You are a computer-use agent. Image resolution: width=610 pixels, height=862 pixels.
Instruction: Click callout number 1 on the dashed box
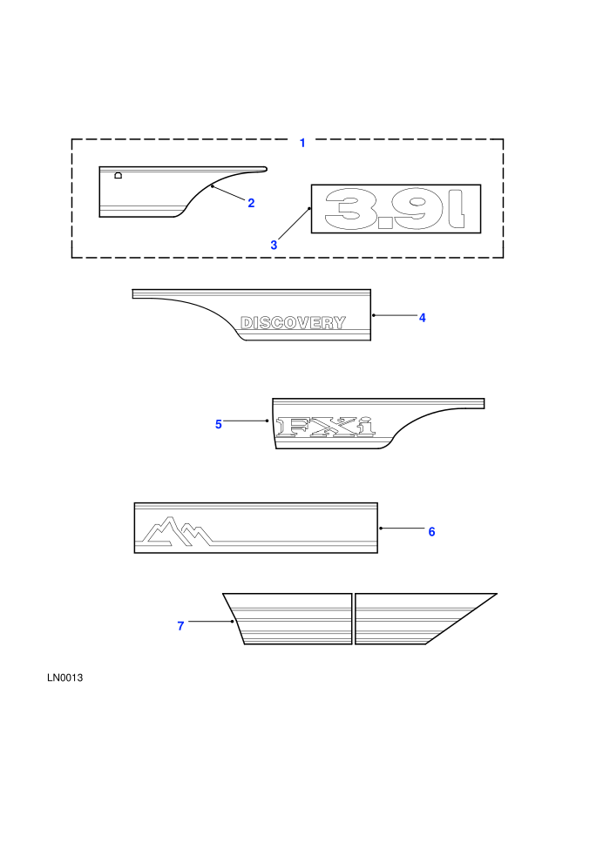[302, 143]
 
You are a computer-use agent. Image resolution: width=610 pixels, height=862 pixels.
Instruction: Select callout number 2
[251, 204]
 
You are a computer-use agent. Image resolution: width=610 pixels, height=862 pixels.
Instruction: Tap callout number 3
[274, 246]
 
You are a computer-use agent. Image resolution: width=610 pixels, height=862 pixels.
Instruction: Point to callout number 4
[423, 318]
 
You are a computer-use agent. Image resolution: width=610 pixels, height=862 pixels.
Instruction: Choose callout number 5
[219, 424]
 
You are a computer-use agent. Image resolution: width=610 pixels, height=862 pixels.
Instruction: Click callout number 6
[431, 532]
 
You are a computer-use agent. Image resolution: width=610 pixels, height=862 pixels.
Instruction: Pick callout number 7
[180, 626]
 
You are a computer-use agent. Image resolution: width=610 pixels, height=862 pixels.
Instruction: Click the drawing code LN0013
[64, 677]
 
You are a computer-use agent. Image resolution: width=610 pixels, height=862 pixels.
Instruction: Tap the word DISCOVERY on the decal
[293, 323]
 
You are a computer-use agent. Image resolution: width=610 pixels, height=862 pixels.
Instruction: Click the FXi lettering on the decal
[326, 428]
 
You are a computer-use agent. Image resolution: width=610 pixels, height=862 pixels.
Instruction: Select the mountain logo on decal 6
[177, 531]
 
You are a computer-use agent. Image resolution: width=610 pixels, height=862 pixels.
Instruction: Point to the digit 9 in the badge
[417, 208]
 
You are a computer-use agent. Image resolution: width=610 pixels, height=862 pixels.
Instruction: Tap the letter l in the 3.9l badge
[457, 209]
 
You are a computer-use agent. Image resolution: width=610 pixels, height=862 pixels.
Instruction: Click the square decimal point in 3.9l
[385, 222]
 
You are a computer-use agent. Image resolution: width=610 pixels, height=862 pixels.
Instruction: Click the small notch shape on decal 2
[118, 175]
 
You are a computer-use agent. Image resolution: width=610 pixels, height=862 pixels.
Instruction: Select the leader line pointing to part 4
[395, 315]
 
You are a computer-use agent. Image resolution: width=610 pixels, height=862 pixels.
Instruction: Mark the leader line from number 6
[402, 529]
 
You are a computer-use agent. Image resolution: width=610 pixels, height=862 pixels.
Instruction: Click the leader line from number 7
[211, 621]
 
